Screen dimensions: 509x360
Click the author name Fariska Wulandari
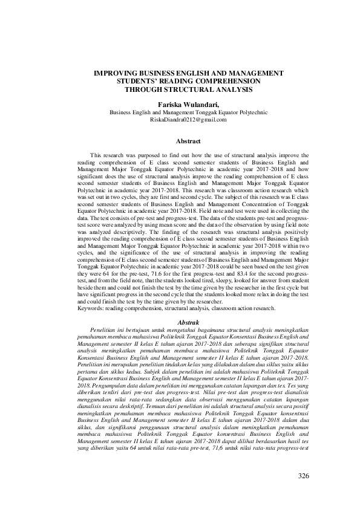pyautogui.click(x=179, y=104)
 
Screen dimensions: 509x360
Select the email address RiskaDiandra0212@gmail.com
pyautogui.click(x=179, y=120)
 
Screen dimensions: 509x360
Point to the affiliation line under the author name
pyautogui.click(x=179, y=112)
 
